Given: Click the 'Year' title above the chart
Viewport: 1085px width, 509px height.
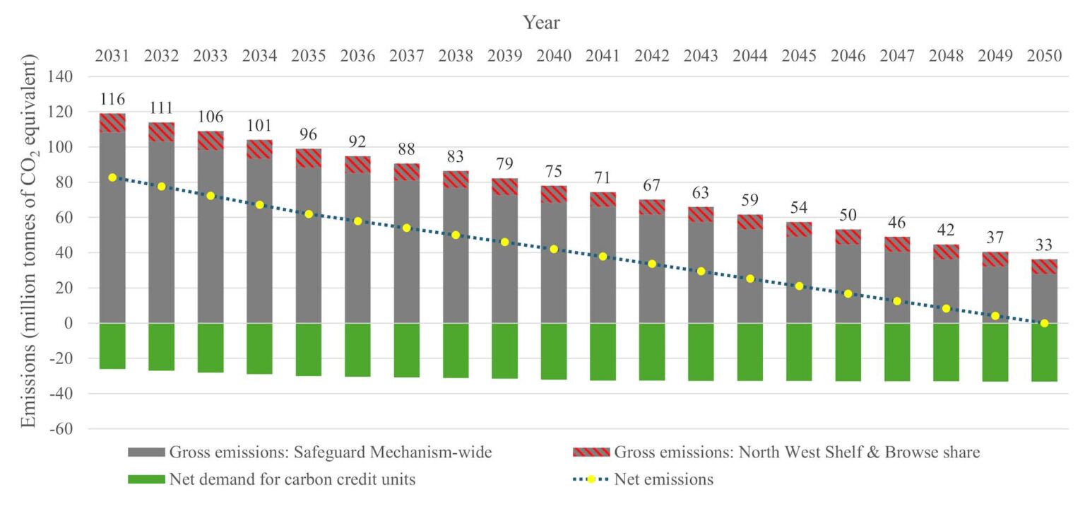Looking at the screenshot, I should [542, 23].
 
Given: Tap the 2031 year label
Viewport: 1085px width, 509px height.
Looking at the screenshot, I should [112, 57].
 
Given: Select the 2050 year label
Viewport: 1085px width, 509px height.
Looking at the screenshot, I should [1043, 57].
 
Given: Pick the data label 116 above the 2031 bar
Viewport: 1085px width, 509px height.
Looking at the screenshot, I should [112, 100].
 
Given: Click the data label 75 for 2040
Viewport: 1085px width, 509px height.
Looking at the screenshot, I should [554, 172].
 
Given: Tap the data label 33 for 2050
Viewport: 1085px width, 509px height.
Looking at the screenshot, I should [1043, 246].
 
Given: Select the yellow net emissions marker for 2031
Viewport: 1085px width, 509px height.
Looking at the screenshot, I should [112, 177].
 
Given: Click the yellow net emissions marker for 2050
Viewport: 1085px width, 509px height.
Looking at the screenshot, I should [1043, 323].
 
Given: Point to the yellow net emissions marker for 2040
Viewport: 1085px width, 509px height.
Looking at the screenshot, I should [554, 250].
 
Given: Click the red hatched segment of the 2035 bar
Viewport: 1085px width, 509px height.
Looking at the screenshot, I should [309, 158].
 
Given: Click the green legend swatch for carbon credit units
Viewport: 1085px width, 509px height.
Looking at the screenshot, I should [146, 480].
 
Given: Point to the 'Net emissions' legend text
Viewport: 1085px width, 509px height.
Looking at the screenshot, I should [664, 480].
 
